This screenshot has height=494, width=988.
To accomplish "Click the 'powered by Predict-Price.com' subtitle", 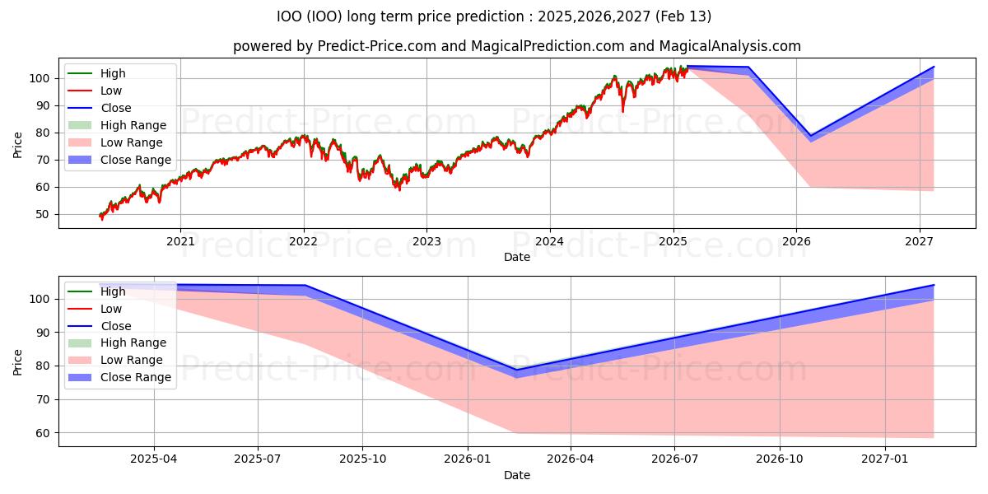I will pos(516,46).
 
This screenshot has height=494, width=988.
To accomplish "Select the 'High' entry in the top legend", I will pos(113,73).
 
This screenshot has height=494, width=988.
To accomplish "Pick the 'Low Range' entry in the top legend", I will pos(132,142).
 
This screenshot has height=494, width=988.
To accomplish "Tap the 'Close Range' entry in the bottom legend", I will pos(135,377).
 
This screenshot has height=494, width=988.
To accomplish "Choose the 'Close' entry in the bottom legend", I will pos(115,326).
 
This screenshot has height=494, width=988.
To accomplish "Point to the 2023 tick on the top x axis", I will pos(426,240).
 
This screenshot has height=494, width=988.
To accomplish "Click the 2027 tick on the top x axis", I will pos(919,240).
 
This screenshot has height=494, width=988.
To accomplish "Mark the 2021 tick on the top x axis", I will pos(180,240).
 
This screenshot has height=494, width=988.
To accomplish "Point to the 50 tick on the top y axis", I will pos(42,214).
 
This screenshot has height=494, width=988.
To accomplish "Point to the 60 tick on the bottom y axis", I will pos(42,433).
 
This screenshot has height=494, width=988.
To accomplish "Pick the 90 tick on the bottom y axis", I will pos(42,333).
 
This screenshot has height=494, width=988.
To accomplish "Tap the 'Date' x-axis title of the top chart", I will pos(516,257).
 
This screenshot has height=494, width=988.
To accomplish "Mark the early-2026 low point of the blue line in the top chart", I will pos(810,136).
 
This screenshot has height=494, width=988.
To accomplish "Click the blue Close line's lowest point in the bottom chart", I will pos(516,370).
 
